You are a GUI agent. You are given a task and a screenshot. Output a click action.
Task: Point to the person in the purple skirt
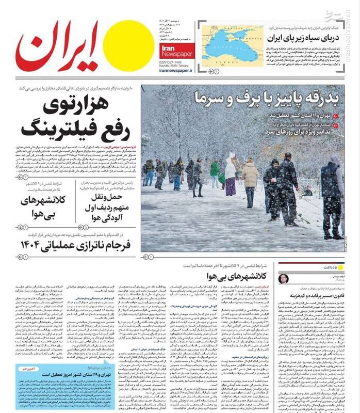coord(230,178)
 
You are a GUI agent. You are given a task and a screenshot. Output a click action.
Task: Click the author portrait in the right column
coord(284,279)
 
